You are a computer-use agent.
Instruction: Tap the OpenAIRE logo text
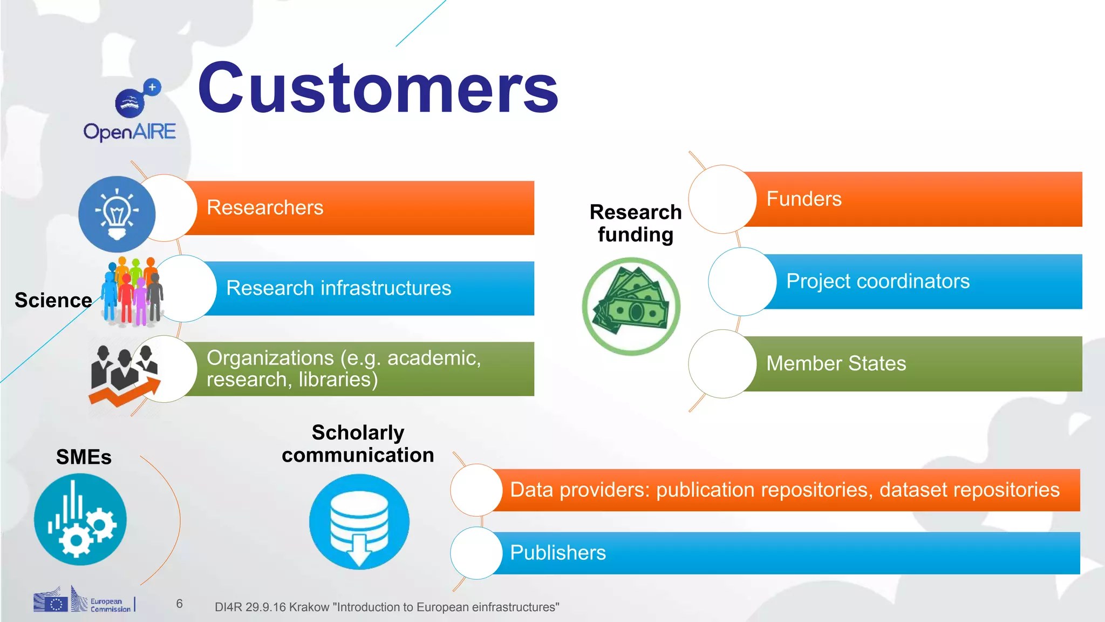point(129,132)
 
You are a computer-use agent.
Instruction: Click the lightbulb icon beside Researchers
point(117,214)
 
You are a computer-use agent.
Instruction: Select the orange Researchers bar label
point(265,208)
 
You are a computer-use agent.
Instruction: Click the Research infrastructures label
point(338,288)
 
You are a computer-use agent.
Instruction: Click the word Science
point(53,300)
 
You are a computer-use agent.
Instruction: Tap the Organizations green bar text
point(343,369)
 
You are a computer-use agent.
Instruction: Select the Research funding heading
point(636,224)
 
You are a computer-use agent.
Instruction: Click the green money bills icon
point(631,306)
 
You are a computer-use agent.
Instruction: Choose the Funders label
point(804,199)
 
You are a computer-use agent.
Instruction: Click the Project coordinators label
point(878,281)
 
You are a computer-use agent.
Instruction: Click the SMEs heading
point(84,457)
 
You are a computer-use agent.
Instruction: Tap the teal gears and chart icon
point(80,519)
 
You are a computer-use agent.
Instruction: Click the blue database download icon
point(359,522)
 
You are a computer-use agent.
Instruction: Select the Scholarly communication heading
point(358,444)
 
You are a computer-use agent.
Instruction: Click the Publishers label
point(558,553)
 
